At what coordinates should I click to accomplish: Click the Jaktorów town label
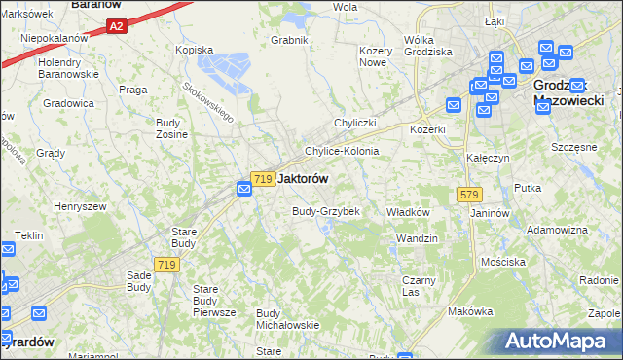(303, 179)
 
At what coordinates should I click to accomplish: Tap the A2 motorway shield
(116, 27)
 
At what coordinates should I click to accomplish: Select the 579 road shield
(465, 196)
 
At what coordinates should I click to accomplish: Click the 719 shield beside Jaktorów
(261, 179)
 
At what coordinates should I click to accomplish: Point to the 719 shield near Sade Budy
(165, 265)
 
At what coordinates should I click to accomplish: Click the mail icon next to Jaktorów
(246, 187)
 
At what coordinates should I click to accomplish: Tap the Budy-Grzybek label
(326, 211)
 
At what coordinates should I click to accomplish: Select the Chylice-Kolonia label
(342, 152)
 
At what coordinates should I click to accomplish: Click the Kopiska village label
(193, 49)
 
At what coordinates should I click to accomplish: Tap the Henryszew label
(80, 206)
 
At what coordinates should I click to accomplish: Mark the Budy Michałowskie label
(287, 318)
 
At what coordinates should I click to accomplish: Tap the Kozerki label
(427, 129)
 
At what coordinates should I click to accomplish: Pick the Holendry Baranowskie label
(68, 68)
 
